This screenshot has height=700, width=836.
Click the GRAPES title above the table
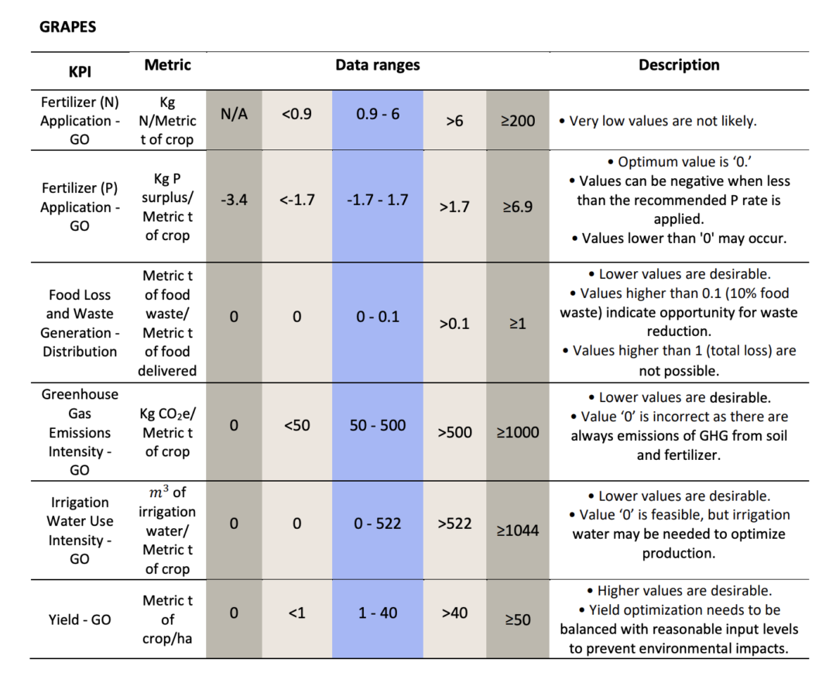67,26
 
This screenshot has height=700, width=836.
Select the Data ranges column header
378,65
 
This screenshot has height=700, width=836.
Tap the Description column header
679,65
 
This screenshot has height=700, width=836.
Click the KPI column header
80,71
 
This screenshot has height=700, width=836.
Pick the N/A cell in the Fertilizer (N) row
234,114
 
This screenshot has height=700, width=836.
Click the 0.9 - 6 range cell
378,114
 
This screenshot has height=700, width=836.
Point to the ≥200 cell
518,121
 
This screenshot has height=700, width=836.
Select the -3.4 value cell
234,200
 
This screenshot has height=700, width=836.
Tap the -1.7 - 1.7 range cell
378,200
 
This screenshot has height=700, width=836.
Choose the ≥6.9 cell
518,207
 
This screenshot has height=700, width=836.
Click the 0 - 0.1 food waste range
378,317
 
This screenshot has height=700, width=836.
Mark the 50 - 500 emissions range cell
378,425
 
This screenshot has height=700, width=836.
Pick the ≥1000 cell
518,432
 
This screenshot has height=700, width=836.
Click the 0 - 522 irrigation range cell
378,523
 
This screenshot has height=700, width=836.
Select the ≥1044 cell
518,530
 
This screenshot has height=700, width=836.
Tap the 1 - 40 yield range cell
378,612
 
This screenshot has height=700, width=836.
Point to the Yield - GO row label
80,619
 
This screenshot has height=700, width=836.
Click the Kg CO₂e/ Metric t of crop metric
167,432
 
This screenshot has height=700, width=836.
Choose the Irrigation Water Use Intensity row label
80,530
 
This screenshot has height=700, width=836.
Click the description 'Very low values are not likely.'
658,121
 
